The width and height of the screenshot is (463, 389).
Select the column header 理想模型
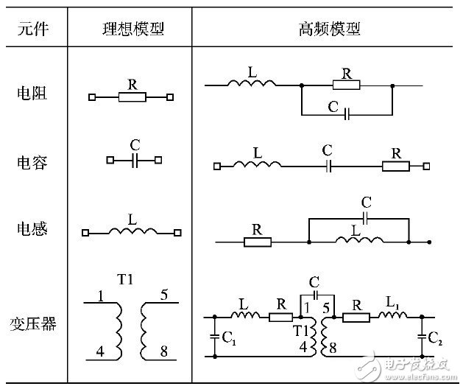(x=133, y=29)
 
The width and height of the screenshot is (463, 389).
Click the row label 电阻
(x=32, y=94)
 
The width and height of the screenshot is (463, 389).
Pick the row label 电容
(x=32, y=161)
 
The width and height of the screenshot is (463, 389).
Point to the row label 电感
(x=32, y=229)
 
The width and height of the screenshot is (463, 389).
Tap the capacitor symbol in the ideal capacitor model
(x=134, y=159)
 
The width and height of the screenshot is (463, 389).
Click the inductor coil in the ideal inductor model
(x=132, y=232)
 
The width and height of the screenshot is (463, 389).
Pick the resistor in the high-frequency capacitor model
(x=395, y=167)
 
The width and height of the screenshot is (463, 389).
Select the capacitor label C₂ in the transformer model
(x=437, y=340)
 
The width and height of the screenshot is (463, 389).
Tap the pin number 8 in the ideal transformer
(x=163, y=352)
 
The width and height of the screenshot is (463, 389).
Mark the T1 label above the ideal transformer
(x=125, y=281)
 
